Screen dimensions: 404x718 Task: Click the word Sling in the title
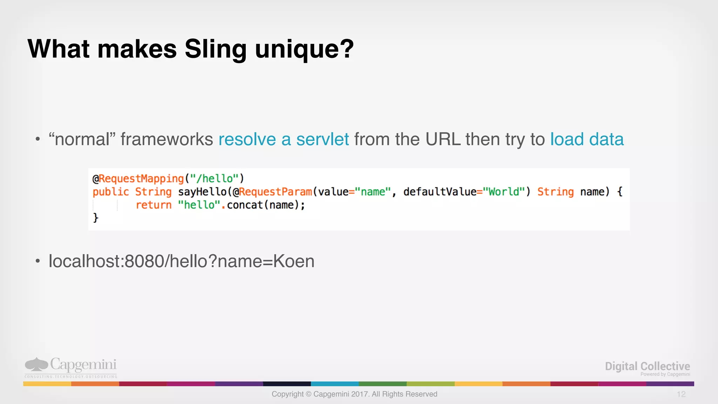coord(215,49)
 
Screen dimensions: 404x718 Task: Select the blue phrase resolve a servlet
coord(283,139)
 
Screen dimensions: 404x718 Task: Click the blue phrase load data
coord(587,139)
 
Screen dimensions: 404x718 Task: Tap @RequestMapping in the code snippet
coord(138,179)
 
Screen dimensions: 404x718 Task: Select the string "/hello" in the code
coord(215,179)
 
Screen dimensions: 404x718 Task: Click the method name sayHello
coord(202,192)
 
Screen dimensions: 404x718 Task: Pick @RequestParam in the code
coord(272,192)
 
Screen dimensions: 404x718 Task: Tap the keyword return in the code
coord(154,205)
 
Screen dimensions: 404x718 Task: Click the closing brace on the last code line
coord(95,218)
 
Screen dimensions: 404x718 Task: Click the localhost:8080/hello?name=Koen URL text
coord(181,261)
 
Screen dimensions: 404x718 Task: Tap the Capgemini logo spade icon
coord(36,364)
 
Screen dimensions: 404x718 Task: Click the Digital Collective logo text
coord(647,366)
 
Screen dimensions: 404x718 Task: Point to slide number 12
coord(681,394)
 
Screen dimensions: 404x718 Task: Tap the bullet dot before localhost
coord(38,261)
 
